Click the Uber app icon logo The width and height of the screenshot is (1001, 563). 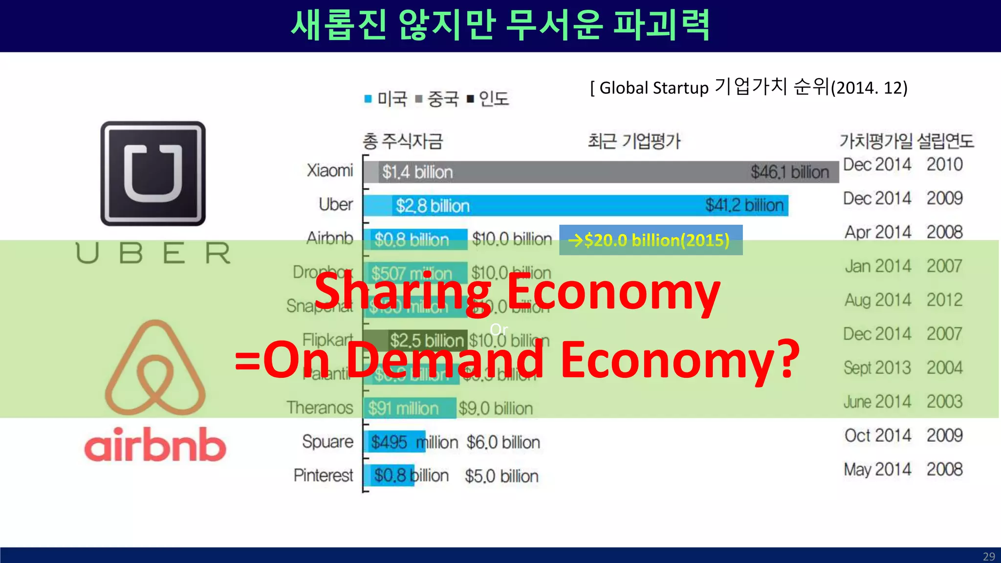(153, 173)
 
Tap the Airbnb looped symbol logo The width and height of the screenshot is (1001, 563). (155, 368)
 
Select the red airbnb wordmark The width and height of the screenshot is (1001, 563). (155, 445)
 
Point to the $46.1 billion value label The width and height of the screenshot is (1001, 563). (790, 172)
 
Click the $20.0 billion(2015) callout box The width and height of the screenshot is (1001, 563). (651, 240)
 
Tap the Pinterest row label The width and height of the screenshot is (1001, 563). (323, 475)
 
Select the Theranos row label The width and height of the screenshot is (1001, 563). (320, 408)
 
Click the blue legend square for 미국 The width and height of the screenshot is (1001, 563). (368, 99)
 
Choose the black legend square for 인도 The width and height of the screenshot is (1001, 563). (470, 99)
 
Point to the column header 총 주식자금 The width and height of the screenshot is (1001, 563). (402, 141)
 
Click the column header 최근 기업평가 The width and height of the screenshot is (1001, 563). (634, 141)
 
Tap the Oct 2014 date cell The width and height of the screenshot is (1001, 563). (877, 435)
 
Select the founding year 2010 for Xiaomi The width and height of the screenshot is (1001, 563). (944, 164)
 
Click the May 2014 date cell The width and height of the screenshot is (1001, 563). (877, 469)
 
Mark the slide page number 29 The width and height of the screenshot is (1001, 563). (989, 557)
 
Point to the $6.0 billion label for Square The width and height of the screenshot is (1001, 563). (503, 442)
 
